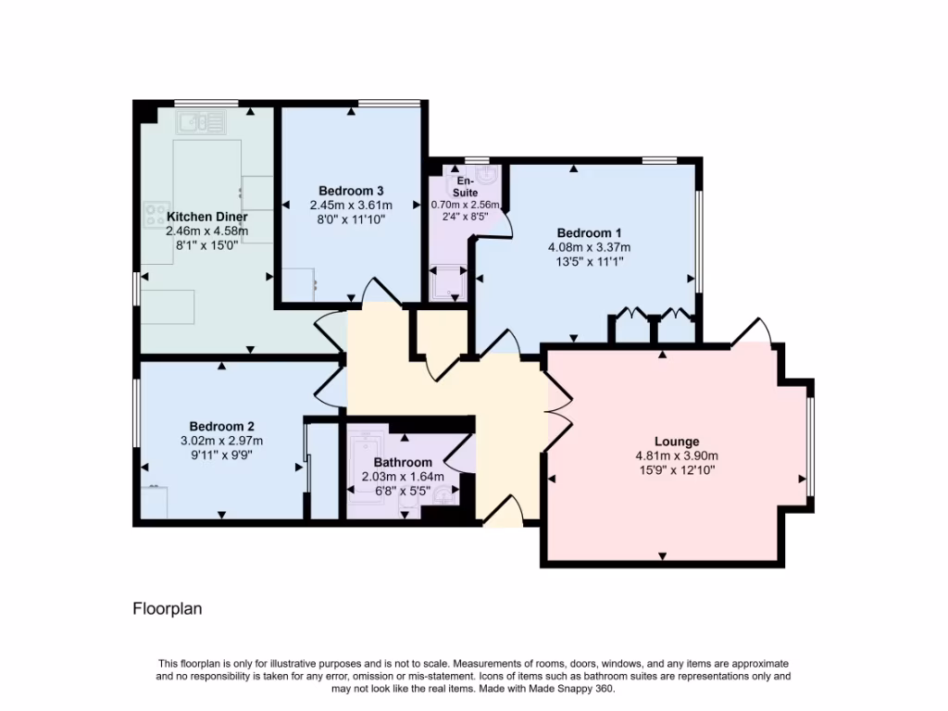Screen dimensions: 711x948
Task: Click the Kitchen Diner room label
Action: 206,217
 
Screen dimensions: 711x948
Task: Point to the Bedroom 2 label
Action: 221,426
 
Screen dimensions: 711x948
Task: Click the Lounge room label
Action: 677,442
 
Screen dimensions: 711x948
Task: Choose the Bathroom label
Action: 403,462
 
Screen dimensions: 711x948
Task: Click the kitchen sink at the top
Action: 201,120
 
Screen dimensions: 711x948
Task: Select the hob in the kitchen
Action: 155,215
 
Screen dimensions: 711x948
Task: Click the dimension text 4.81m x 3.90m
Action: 677,455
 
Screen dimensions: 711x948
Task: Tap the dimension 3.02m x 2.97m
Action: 221,441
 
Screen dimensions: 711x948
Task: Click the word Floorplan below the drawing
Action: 168,609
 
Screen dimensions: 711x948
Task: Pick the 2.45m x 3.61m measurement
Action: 351,206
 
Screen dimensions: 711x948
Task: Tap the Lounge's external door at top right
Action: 752,331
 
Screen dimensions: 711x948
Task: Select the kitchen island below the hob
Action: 168,306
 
